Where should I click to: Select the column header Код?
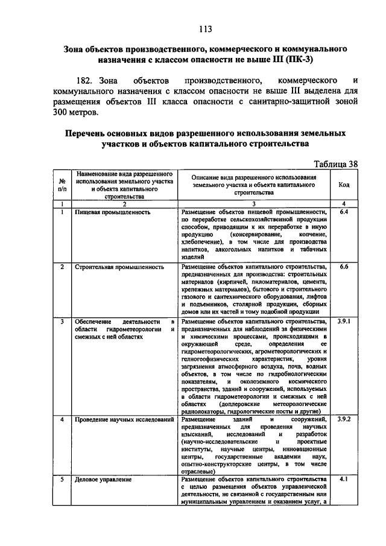pos(344,185)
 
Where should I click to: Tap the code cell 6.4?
pos(344,213)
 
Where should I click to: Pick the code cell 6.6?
pos(344,266)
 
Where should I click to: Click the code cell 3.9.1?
pos(344,322)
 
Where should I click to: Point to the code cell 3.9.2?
pos(344,418)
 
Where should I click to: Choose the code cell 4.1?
pos(344,480)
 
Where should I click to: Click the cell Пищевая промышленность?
pos(109,213)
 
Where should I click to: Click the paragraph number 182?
pos(89,80)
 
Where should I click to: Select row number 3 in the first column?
pos(62,322)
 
